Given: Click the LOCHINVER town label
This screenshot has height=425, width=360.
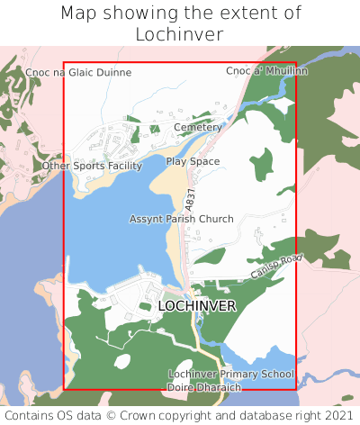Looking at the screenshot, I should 196,306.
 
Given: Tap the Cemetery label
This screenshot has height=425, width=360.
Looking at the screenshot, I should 197,128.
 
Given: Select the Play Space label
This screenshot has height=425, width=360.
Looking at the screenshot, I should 193,161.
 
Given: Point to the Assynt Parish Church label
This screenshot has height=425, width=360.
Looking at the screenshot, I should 181,219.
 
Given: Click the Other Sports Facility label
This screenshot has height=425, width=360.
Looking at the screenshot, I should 93,166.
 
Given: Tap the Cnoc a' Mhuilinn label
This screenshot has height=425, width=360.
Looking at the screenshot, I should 255,70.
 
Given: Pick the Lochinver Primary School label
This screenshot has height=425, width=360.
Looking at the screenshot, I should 231,374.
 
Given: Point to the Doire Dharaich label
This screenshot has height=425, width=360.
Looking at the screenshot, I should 205,387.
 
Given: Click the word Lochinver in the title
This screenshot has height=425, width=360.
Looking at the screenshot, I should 179,34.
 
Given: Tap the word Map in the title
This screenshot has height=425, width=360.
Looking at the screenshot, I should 79,14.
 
